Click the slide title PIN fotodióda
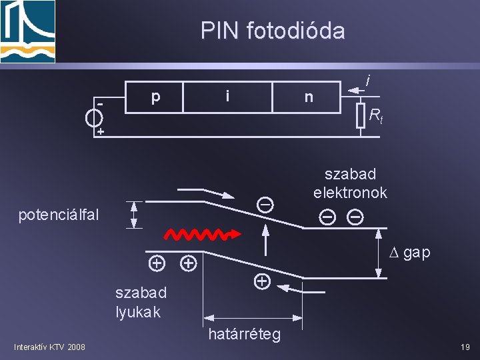pyautogui.click(x=273, y=31)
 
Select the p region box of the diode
pyautogui.click(x=155, y=97)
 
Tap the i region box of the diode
pyautogui.click(x=227, y=97)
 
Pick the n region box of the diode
pyautogui.click(x=308, y=97)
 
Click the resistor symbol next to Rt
pyautogui.click(x=360, y=115)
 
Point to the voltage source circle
pyautogui.click(x=94, y=117)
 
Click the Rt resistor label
pyautogui.click(x=376, y=118)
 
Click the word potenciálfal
pyautogui.click(x=59, y=215)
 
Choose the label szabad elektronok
pyautogui.click(x=350, y=183)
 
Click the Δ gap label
pyautogui.click(x=409, y=253)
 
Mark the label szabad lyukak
pyautogui.click(x=141, y=302)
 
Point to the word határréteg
pyautogui.click(x=244, y=333)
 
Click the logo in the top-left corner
pyautogui.click(x=28, y=31)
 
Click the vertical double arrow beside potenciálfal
pyautogui.click(x=134, y=215)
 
